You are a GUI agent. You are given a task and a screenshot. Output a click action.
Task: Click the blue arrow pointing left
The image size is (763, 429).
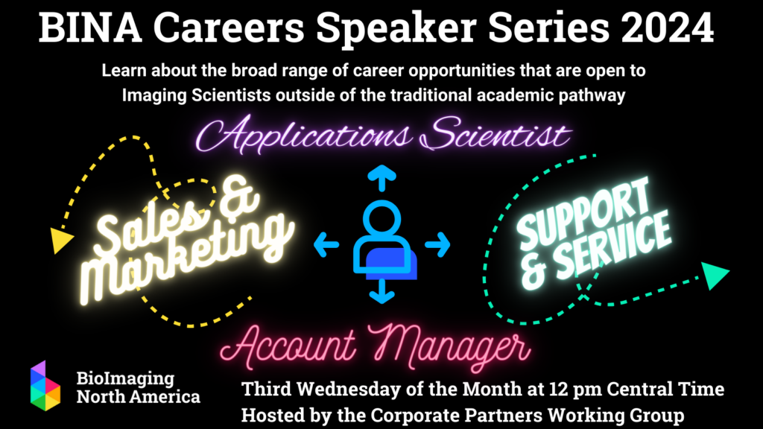click(x=326, y=243)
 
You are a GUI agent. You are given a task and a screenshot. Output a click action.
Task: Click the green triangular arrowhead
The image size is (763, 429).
click(x=714, y=276)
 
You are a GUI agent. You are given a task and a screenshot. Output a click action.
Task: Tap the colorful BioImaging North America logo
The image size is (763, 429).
click(x=45, y=386)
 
